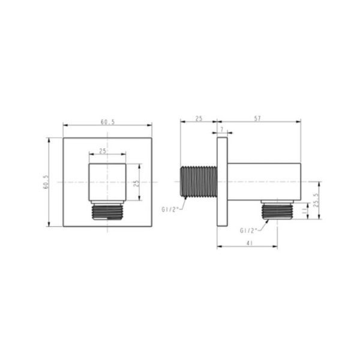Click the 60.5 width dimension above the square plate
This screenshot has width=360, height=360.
[x=108, y=122]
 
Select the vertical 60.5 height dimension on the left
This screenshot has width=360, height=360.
[x=46, y=182]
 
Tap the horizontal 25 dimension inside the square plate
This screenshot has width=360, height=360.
[x=103, y=151]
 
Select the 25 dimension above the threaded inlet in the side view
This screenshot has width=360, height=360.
[x=199, y=119]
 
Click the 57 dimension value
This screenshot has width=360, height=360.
[x=257, y=119]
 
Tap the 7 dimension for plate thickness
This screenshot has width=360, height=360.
[x=222, y=130]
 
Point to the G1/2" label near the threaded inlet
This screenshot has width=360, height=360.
[x=170, y=209]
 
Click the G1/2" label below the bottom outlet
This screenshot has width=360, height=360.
[x=248, y=230]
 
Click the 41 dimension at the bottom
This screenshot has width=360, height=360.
[x=248, y=243]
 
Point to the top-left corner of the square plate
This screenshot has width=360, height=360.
[x=64, y=138]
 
